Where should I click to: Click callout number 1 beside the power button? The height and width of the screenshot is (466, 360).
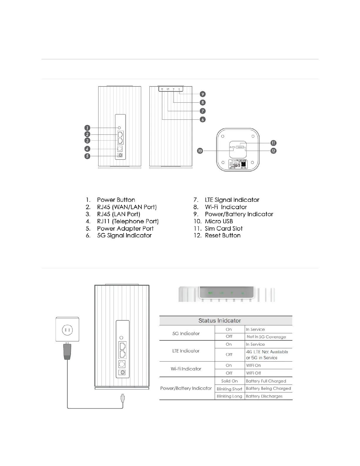[x=87, y=128]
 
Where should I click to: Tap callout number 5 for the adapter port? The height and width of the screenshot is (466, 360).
[x=87, y=156]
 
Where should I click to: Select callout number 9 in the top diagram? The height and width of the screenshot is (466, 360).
[x=202, y=94]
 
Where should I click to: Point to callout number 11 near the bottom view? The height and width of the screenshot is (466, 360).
[x=273, y=143]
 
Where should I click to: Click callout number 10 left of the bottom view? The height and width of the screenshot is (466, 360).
[x=200, y=151]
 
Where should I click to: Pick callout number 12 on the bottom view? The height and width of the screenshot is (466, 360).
[x=273, y=151]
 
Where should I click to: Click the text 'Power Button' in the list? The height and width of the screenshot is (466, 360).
[x=116, y=200]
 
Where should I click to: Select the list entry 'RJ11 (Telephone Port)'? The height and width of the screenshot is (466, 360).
[x=128, y=222]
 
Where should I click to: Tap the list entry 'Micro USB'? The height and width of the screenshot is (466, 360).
[x=219, y=222]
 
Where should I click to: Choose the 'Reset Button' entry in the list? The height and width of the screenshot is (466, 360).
[x=223, y=236]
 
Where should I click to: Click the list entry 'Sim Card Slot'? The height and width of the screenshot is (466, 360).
[x=224, y=229]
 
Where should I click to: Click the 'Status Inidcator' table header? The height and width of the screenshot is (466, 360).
[x=219, y=321]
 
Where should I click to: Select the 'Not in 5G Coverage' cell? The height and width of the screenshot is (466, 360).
[x=266, y=337]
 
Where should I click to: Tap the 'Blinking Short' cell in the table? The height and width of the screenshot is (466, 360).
[x=229, y=389]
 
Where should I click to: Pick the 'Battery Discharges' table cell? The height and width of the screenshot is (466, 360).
[x=264, y=396]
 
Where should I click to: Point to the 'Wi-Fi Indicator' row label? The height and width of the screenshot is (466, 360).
[x=186, y=369]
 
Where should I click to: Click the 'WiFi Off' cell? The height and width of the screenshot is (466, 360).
[x=254, y=373]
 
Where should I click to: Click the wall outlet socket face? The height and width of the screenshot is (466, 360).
[x=67, y=330]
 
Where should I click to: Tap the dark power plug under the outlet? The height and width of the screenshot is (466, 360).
[x=67, y=352]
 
